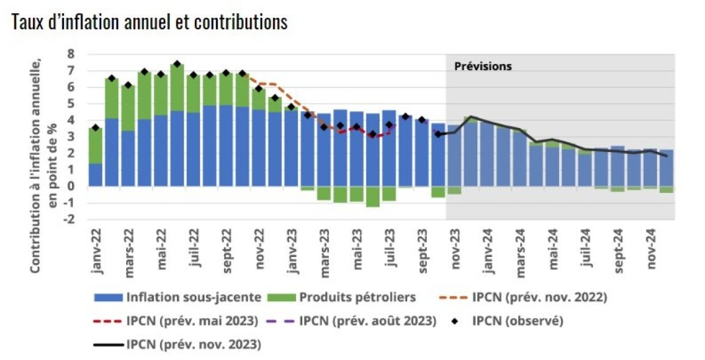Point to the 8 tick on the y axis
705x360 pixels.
(x=71, y=54)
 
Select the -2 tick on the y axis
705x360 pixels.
(x=69, y=219)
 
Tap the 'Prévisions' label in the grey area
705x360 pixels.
(x=483, y=66)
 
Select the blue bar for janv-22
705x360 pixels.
(x=96, y=175)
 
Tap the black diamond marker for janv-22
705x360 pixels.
(x=96, y=127)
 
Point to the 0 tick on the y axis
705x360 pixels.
(x=71, y=187)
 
